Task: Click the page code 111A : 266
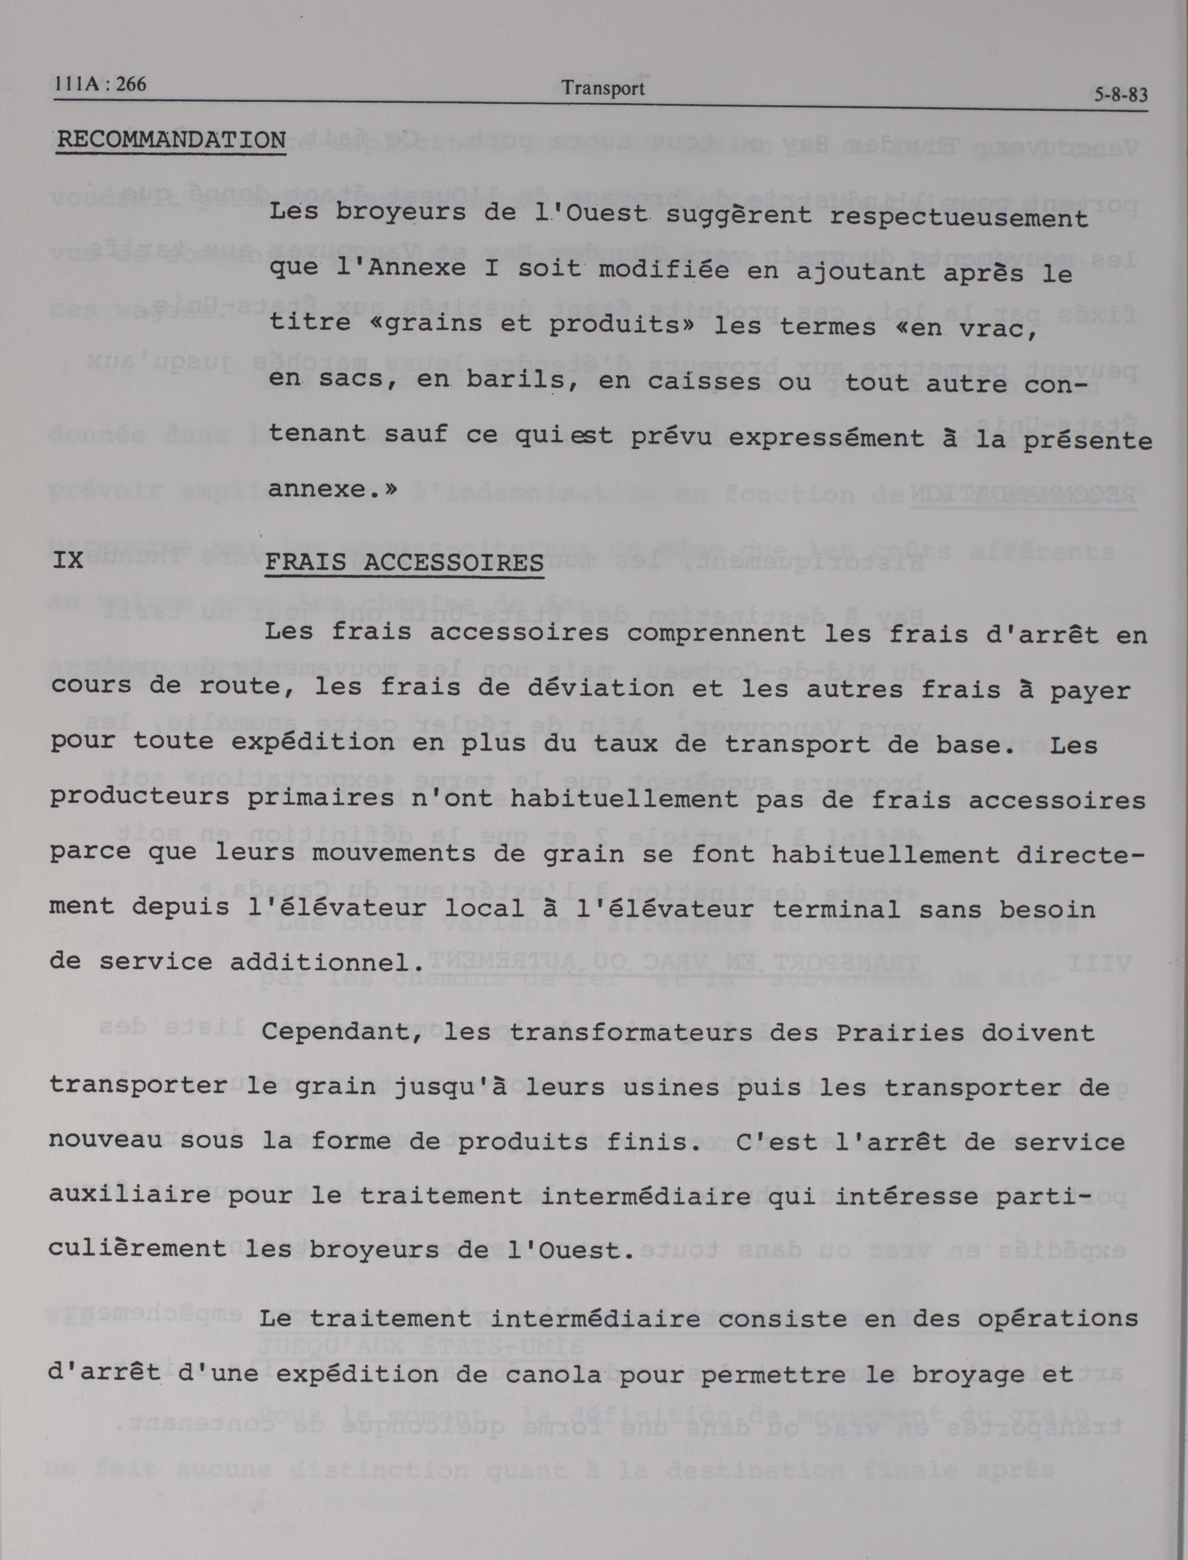(100, 84)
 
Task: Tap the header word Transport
(603, 89)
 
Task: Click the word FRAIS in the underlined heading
(305, 563)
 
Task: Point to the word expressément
(826, 438)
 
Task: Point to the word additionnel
(327, 962)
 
